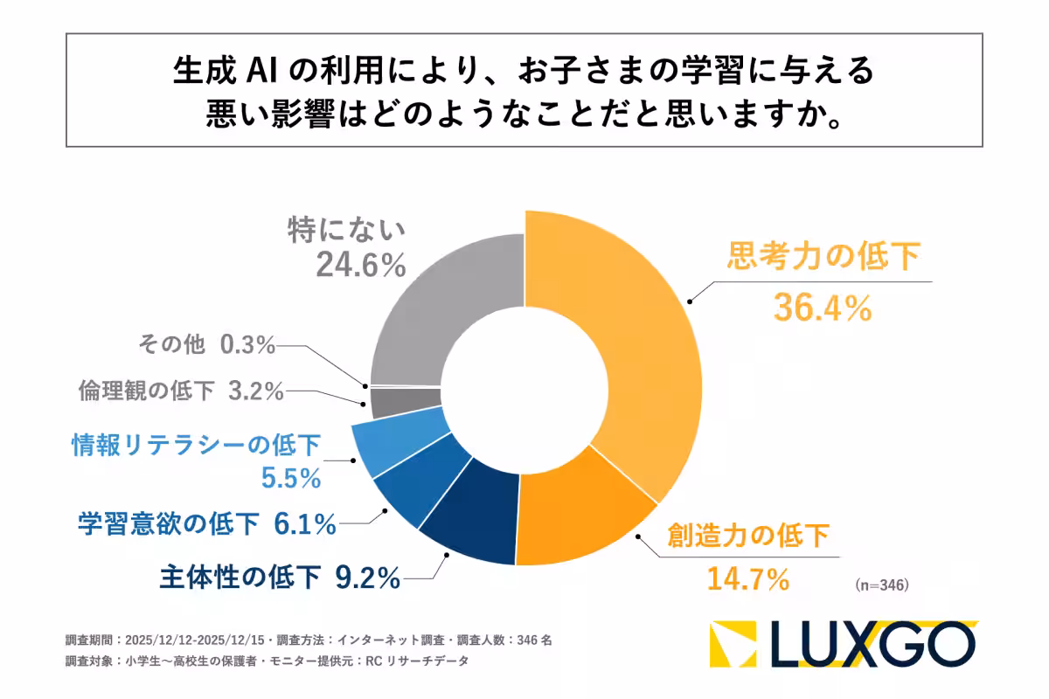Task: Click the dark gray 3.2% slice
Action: tap(405, 403)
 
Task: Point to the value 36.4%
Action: tap(823, 307)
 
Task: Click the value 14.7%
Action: tap(742, 578)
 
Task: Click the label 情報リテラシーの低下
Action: tap(196, 446)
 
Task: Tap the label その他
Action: tap(171, 345)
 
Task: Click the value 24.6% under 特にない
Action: tap(360, 265)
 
